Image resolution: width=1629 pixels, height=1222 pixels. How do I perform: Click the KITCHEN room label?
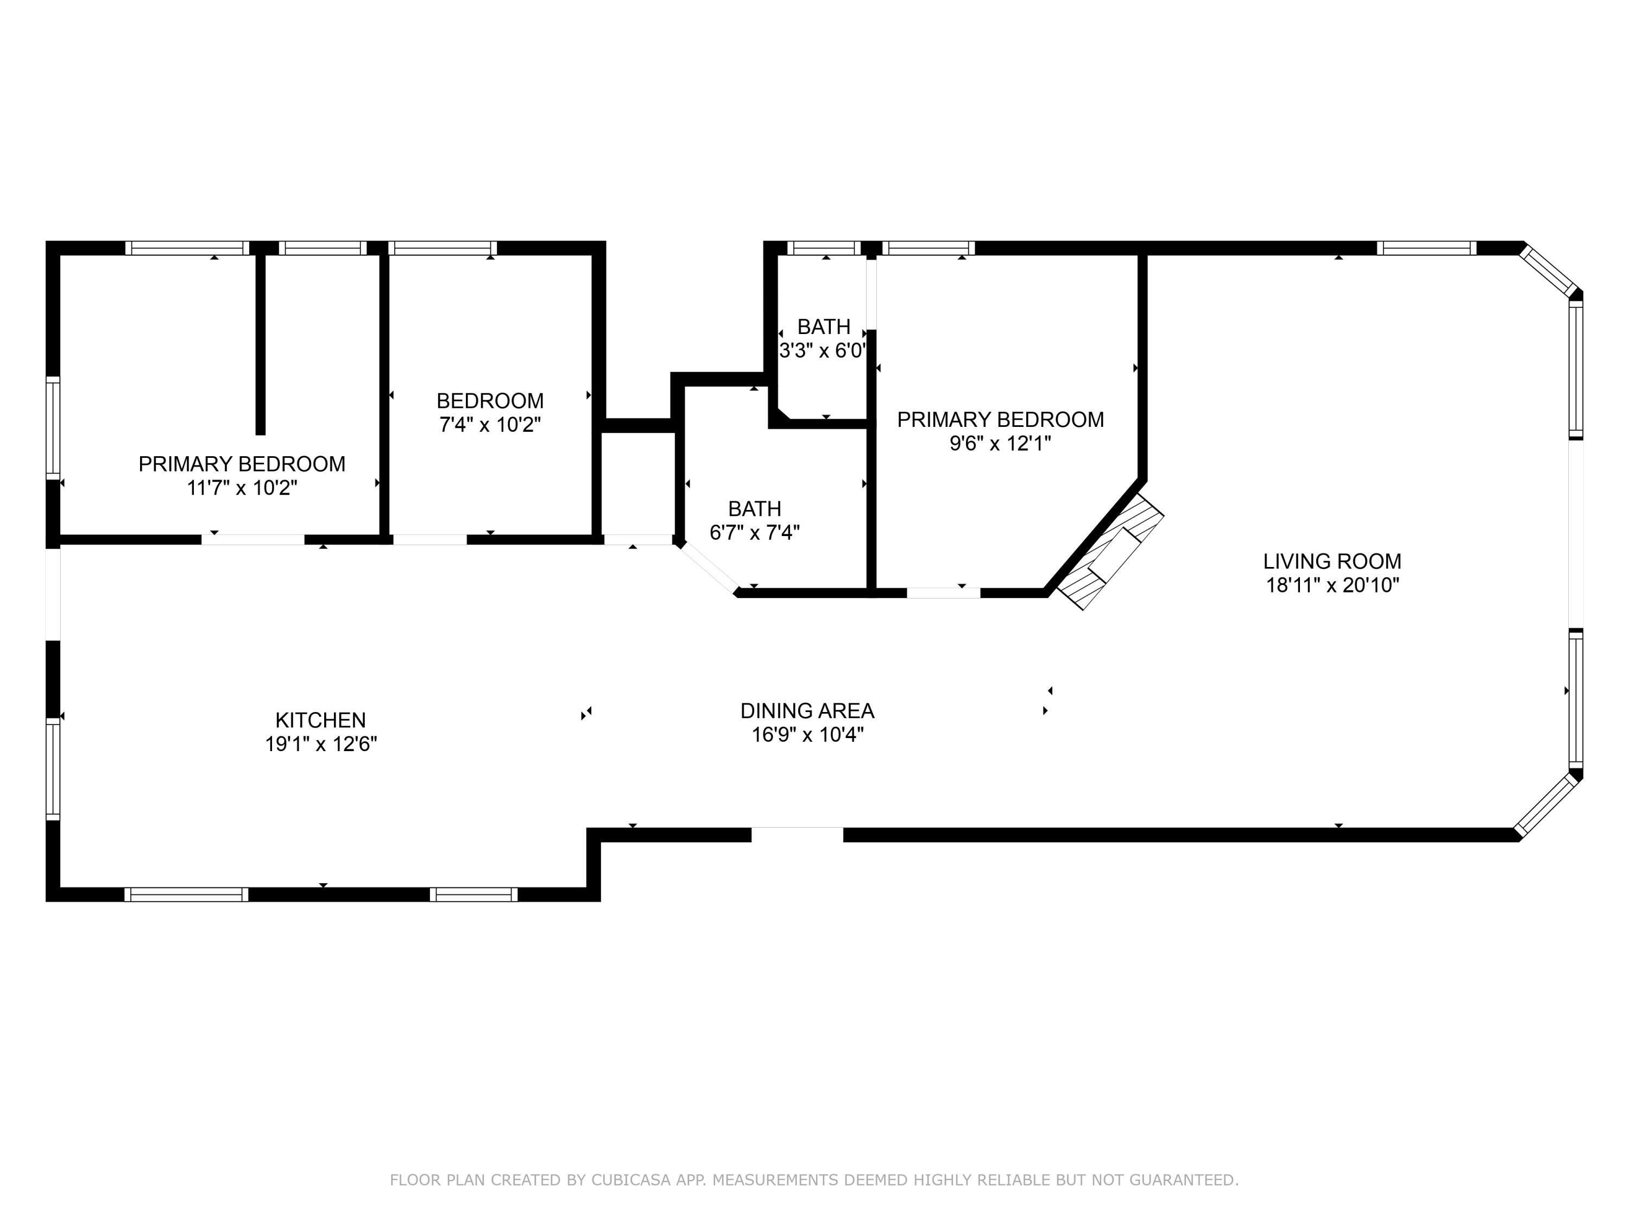tap(320, 720)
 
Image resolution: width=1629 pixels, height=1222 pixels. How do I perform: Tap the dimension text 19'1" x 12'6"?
tap(320, 744)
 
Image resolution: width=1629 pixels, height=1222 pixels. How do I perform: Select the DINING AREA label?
tap(807, 711)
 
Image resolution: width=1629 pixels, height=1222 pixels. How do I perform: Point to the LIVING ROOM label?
tap(1331, 561)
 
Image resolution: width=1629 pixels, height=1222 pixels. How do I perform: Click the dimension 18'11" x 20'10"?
tap(1331, 585)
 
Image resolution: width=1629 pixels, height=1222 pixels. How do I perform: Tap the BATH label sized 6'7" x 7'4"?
tap(754, 509)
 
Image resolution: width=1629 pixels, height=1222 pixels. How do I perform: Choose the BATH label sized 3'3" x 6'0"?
tap(823, 326)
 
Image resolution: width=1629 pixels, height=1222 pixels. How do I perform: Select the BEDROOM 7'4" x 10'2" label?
tap(490, 401)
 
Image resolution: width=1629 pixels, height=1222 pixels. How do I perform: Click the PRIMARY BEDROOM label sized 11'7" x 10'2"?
tap(242, 464)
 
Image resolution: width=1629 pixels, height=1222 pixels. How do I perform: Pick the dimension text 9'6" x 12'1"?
tap(999, 443)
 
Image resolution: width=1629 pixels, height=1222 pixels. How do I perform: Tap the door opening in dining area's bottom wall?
tap(797, 835)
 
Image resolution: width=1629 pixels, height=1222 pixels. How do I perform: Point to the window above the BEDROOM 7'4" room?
tap(442, 248)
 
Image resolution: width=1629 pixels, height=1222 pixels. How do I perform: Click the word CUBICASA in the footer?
tap(630, 1180)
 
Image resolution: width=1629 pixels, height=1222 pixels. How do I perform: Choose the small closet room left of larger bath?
tap(638, 482)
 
